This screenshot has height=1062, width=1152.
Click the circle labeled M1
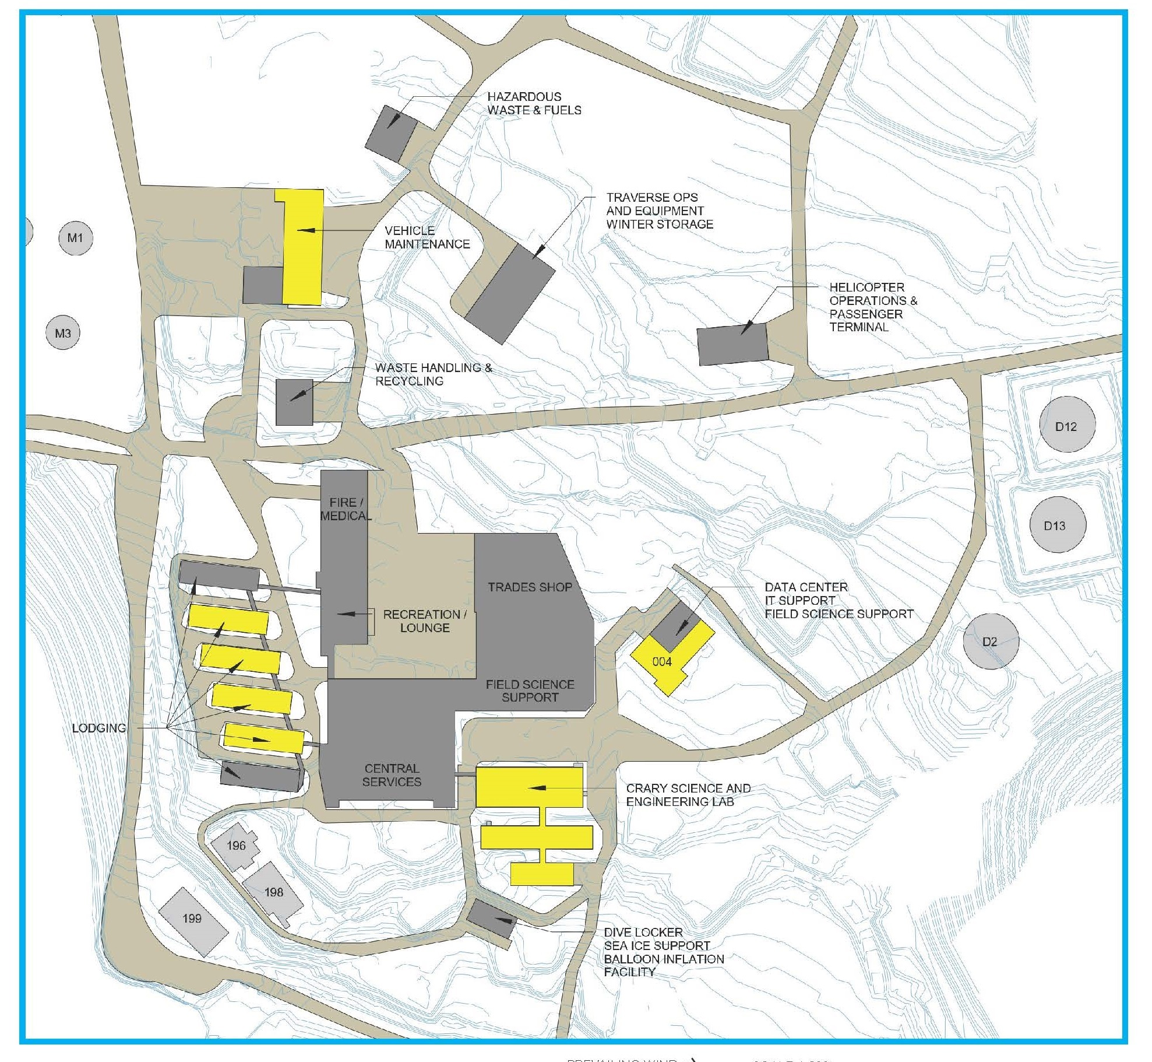[x=76, y=238]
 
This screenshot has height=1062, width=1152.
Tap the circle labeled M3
[x=63, y=334]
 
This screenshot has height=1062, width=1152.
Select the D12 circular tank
[x=1066, y=426]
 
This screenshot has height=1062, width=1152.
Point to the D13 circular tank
[x=1055, y=526]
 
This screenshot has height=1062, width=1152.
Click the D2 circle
[x=990, y=642]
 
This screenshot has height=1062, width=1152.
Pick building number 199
[x=193, y=919]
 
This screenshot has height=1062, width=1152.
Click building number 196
[x=236, y=846]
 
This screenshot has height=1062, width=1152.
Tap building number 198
[x=273, y=892]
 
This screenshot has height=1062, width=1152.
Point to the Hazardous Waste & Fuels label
[x=534, y=103]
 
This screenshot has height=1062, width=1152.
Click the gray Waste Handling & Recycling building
[x=294, y=402]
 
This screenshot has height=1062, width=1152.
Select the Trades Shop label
[x=530, y=587]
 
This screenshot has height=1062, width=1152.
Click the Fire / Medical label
[x=345, y=509]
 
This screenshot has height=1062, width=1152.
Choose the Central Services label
[x=392, y=775]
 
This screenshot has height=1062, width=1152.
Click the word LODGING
[x=99, y=728]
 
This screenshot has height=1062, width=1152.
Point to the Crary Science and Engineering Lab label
[x=688, y=795]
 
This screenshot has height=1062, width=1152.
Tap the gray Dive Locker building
[x=492, y=919]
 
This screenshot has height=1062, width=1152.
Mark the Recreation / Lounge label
[x=425, y=621]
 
